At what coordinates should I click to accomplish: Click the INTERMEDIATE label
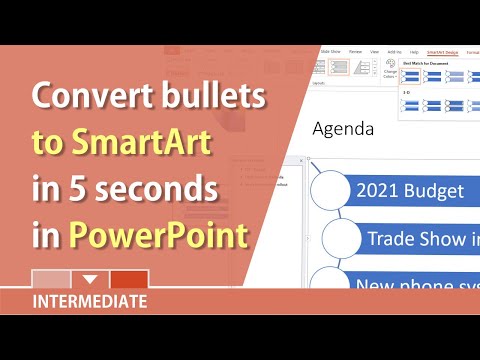90,300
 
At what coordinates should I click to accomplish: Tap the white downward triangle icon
90,279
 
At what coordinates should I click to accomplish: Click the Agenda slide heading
343,129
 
